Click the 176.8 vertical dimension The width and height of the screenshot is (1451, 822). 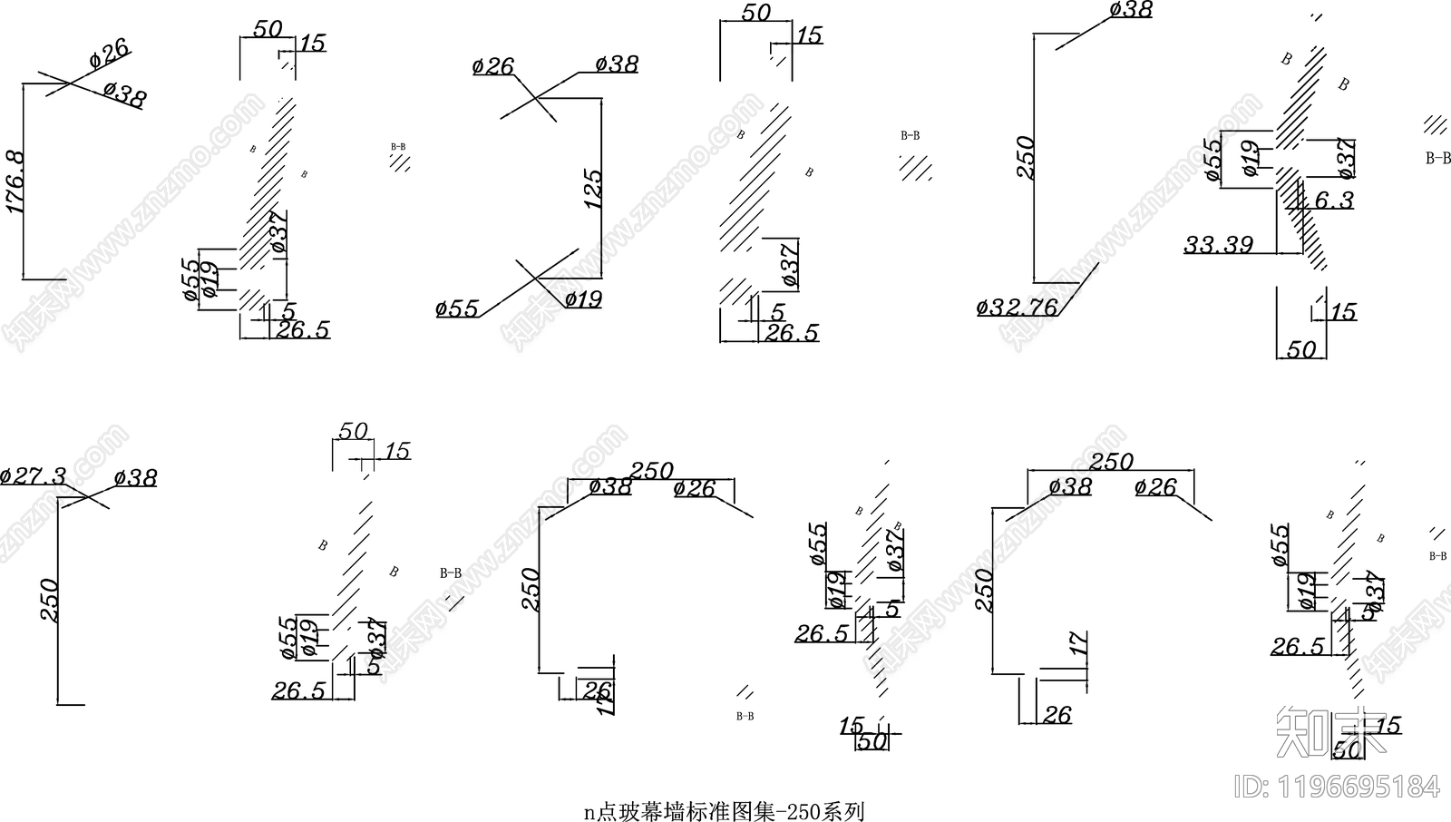tap(15, 182)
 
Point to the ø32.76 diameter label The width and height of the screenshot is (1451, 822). tap(1017, 308)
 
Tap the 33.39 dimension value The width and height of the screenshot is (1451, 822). tap(1219, 244)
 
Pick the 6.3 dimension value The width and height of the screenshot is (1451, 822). tap(1334, 201)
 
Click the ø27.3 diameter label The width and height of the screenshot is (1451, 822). tap(34, 475)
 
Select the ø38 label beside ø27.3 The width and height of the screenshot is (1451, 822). tap(136, 478)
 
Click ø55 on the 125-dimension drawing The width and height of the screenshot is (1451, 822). tap(457, 308)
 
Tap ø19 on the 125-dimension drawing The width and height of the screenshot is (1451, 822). tap(583, 298)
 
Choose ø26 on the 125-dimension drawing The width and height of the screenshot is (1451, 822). tap(493, 66)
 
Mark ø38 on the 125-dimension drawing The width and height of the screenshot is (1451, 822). tap(617, 64)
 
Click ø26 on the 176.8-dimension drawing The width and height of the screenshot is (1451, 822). tap(110, 54)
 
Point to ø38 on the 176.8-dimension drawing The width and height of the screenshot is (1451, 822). tap(124, 94)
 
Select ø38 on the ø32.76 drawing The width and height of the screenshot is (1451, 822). tap(1131, 10)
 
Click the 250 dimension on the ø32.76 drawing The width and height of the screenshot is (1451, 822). tap(1026, 157)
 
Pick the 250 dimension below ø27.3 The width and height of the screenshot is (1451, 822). tap(49, 600)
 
